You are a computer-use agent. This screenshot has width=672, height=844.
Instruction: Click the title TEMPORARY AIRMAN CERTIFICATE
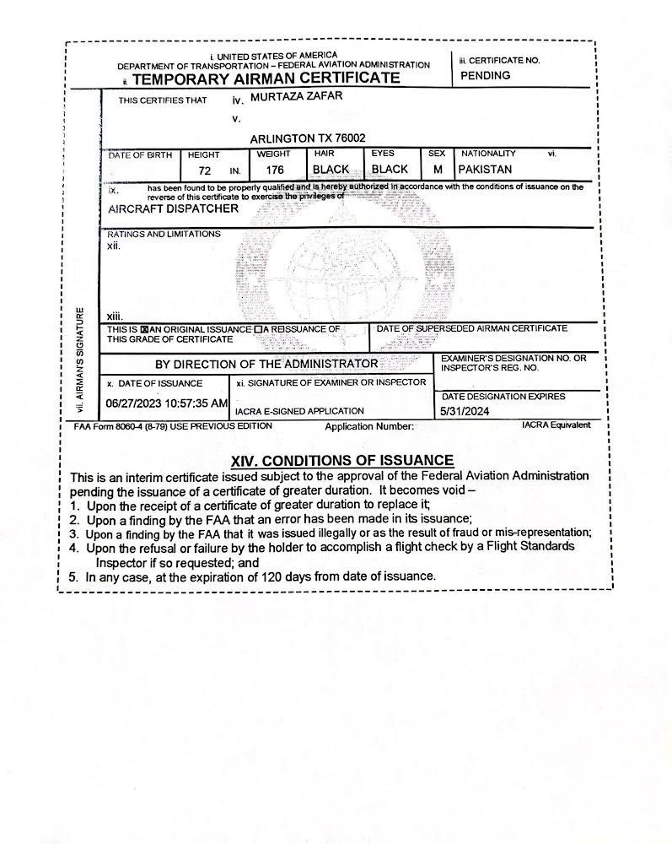pyautogui.click(x=266, y=79)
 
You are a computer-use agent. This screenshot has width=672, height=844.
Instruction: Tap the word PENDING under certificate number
pyautogui.click(x=486, y=76)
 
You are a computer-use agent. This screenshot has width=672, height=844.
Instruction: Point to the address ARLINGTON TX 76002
pyautogui.click(x=308, y=138)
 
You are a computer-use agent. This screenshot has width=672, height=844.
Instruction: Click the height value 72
pyautogui.click(x=205, y=170)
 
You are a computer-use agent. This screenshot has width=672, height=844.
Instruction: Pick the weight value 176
pyautogui.click(x=273, y=170)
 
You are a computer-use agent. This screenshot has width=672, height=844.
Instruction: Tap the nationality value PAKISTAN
pyautogui.click(x=485, y=170)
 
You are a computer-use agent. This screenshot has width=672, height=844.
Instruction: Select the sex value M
pyautogui.click(x=438, y=170)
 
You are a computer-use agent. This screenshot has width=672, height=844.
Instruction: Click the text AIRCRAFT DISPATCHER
pyautogui.click(x=173, y=208)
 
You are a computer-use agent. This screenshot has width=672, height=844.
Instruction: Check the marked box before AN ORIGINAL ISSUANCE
pyautogui.click(x=144, y=329)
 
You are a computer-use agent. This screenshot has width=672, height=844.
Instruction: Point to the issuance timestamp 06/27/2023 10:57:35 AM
pyautogui.click(x=166, y=403)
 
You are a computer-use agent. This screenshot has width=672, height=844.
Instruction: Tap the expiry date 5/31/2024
pyautogui.click(x=464, y=411)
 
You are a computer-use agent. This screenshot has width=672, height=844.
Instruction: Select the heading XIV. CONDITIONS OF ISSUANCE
pyautogui.click(x=342, y=460)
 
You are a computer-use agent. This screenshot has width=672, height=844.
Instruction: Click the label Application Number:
pyautogui.click(x=369, y=426)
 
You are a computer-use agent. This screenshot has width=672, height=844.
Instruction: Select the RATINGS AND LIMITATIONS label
pyautogui.click(x=164, y=234)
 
